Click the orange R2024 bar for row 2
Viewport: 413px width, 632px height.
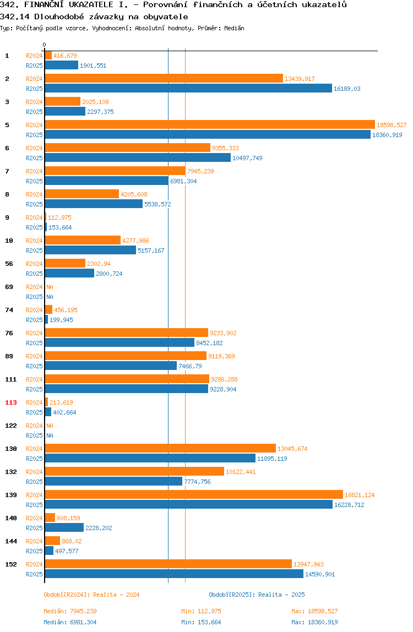pyautogui.click(x=164, y=79)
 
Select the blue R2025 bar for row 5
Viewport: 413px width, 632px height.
pyautogui.click(x=208, y=135)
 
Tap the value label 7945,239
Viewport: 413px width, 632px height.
pyautogui.click(x=200, y=171)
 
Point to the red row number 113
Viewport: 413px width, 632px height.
pyautogui.click(x=11, y=402)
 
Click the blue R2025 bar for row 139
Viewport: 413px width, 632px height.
pyautogui.click(x=189, y=505)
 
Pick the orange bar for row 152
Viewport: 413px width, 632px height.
pyautogui.click(x=168, y=564)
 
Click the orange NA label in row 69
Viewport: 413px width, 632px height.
pyautogui.click(x=50, y=287)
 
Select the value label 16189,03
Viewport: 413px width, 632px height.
pyautogui.click(x=347, y=89)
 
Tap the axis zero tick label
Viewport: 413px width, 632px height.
pyautogui.click(x=45, y=45)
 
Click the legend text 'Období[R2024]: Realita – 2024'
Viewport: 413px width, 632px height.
pyautogui.click(x=91, y=595)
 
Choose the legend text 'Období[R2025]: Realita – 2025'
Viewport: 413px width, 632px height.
pyautogui.click(x=257, y=595)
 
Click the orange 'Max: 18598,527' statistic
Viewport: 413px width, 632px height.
pyautogui.click(x=314, y=611)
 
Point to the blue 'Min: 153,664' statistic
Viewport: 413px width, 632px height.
pyautogui.click(x=201, y=622)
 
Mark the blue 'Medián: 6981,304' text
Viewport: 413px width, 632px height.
pyautogui.click(x=70, y=622)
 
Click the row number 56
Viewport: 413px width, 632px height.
pyautogui.click(x=9, y=264)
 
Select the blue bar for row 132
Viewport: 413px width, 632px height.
pyautogui.click(x=113, y=481)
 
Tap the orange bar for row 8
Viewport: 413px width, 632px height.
pyautogui.click(x=82, y=194)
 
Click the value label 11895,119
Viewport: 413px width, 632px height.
pyautogui.click(x=272, y=459)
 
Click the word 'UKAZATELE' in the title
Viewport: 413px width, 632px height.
pyautogui.click(x=91, y=5)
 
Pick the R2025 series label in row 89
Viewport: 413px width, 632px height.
pyautogui.click(x=34, y=366)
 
